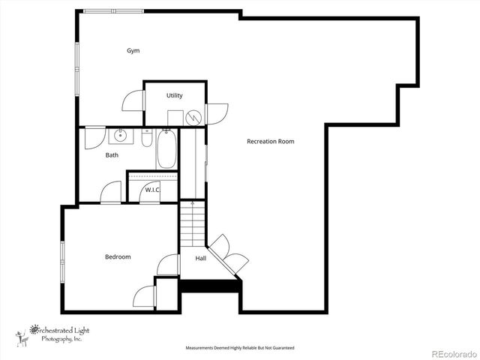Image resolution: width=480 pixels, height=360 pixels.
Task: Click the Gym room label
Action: click(133, 51)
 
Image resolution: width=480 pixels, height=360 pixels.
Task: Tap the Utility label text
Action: click(175, 95)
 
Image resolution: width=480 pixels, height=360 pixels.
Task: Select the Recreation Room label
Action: click(270, 141)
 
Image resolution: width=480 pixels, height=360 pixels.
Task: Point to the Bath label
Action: click(112, 155)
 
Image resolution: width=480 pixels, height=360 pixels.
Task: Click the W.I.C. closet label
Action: click(152, 190)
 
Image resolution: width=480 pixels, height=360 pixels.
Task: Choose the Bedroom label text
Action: click(118, 257)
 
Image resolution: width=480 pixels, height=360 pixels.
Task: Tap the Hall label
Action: click(201, 258)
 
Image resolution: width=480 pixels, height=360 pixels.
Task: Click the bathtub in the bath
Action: click(166, 149)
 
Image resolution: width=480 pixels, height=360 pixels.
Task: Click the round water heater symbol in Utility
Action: click(193, 117)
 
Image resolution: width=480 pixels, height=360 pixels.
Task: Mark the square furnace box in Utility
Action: click(175, 118)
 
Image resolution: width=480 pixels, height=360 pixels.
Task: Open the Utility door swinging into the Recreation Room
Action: click(217, 113)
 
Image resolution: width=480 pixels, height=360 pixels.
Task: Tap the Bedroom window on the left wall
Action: click(63, 263)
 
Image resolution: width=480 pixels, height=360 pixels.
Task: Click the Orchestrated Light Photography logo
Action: click(52, 334)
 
